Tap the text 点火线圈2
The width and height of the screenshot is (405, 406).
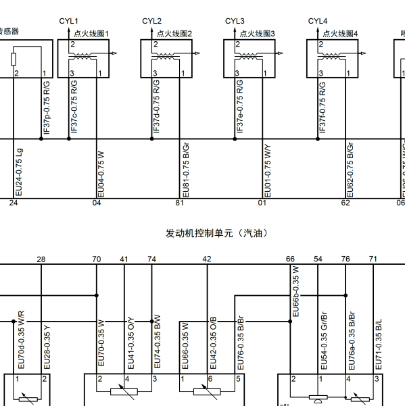point(174,33)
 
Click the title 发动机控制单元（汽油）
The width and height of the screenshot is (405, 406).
point(217,233)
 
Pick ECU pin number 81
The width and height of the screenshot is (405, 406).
point(179,202)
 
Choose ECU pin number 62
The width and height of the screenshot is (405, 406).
point(346,202)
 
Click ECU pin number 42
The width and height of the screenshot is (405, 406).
point(207,259)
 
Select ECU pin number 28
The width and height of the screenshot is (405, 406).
point(41,259)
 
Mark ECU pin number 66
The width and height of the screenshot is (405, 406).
point(290,259)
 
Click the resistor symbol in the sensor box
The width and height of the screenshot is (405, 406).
point(14,59)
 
